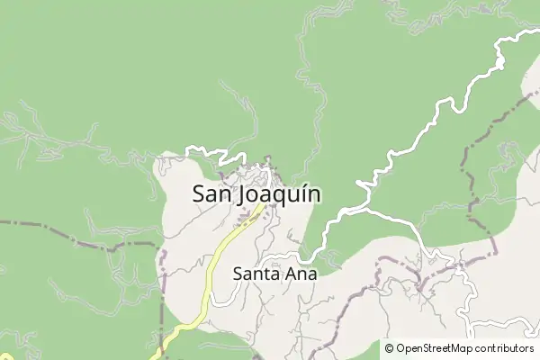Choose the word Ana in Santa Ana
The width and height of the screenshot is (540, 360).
pyautogui.click(x=301, y=274)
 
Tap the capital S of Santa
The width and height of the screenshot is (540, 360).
pyautogui.click(x=238, y=274)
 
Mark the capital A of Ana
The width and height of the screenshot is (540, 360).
pyautogui.click(x=291, y=274)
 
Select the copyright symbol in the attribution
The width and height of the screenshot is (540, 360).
pyautogui.click(x=389, y=348)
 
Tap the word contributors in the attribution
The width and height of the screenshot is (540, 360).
pyautogui.click(x=505, y=348)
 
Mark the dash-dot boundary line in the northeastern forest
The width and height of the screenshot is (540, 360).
pyautogui.click(x=486, y=135)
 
